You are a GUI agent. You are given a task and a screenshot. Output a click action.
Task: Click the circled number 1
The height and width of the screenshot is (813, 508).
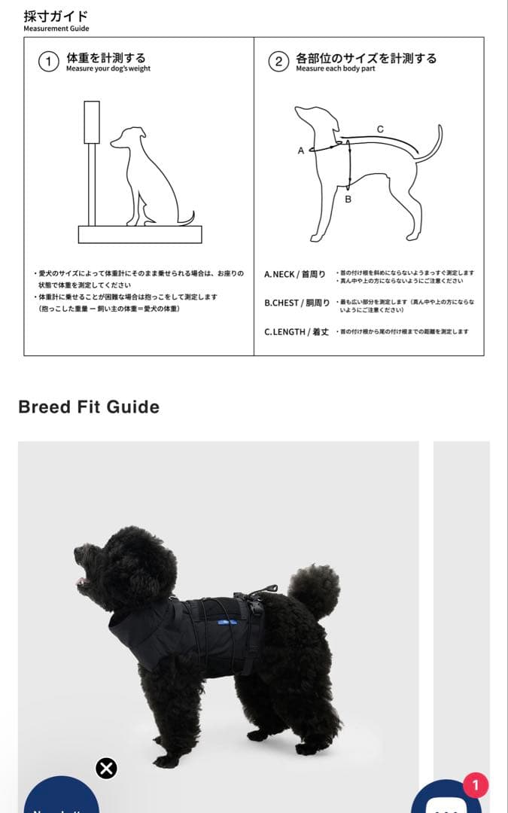[x=48, y=62]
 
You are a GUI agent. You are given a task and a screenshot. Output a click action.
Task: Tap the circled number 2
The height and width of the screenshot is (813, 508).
[x=278, y=62]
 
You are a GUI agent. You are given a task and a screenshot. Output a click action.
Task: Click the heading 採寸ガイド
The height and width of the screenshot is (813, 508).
[x=55, y=15]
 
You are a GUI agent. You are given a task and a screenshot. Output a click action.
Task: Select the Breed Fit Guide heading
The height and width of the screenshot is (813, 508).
[x=89, y=407]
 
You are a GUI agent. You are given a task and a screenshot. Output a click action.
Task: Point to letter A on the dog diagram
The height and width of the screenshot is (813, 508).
[x=301, y=151]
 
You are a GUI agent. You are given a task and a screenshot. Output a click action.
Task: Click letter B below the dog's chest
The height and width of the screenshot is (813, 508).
[x=348, y=199]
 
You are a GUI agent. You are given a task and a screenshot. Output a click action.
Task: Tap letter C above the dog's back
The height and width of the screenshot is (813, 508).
[x=380, y=129]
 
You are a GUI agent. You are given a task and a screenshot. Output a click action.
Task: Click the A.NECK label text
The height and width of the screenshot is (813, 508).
[x=294, y=275]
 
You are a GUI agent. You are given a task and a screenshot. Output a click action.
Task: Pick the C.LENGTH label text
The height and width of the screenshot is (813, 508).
[x=296, y=332]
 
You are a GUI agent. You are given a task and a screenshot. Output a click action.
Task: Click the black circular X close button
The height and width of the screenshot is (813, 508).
[x=106, y=769]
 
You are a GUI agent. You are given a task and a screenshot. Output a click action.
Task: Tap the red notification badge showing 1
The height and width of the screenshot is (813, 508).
[x=475, y=786]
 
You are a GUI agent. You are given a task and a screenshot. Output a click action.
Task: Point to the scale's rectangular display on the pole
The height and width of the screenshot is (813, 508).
[x=92, y=122]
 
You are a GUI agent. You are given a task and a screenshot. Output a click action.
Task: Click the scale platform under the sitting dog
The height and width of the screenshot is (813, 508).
[x=140, y=234]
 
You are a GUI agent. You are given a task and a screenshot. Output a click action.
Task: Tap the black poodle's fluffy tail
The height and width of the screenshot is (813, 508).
[x=315, y=588]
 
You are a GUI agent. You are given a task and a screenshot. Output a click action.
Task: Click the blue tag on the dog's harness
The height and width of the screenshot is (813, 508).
[x=224, y=622]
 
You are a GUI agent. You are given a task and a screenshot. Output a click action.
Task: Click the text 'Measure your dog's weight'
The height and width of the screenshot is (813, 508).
[x=108, y=69]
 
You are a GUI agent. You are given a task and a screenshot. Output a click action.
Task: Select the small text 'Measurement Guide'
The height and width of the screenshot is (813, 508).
[x=56, y=29]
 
